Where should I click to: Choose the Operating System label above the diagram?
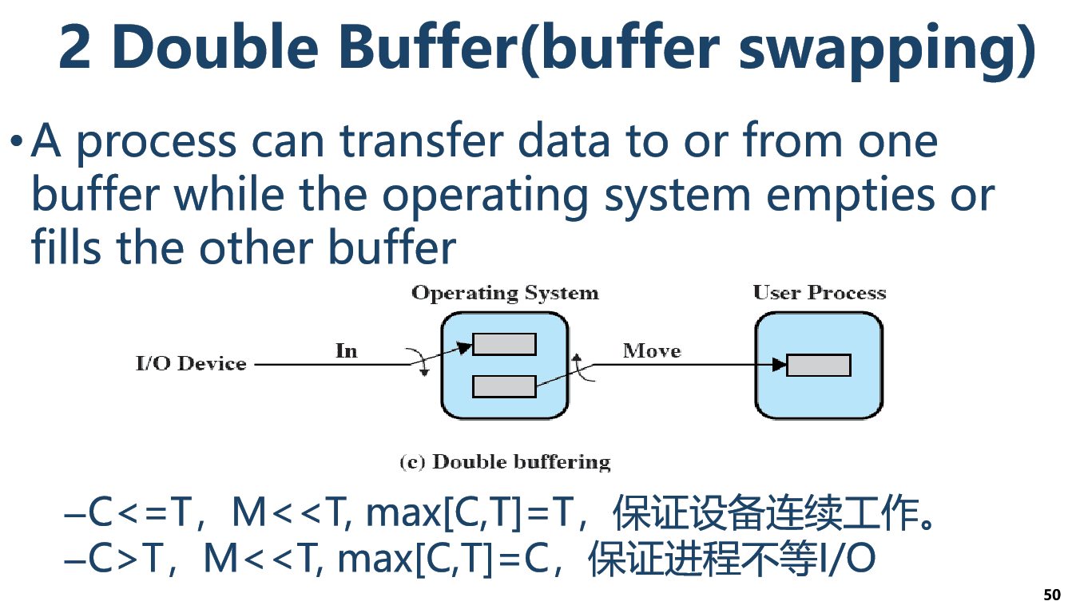505,293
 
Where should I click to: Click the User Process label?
819,293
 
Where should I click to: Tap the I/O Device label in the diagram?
191,364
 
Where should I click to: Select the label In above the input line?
346,350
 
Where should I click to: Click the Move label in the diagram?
652,350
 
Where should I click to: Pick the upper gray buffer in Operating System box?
504,344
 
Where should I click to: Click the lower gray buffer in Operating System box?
504,386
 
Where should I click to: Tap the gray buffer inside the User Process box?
819,365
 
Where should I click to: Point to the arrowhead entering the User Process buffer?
780,365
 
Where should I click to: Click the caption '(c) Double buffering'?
505,462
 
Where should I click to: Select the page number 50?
1052,595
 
